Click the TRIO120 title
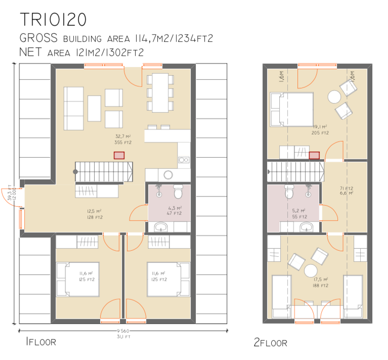click(53, 20)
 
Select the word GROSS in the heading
click(39, 38)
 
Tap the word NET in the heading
click(31, 52)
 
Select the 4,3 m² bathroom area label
click(175, 211)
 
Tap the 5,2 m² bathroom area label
click(299, 213)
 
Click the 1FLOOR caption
click(40, 342)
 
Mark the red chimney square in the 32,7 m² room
click(119, 156)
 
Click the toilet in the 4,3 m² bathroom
click(178, 193)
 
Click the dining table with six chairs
click(160, 93)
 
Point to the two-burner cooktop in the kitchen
click(183, 160)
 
